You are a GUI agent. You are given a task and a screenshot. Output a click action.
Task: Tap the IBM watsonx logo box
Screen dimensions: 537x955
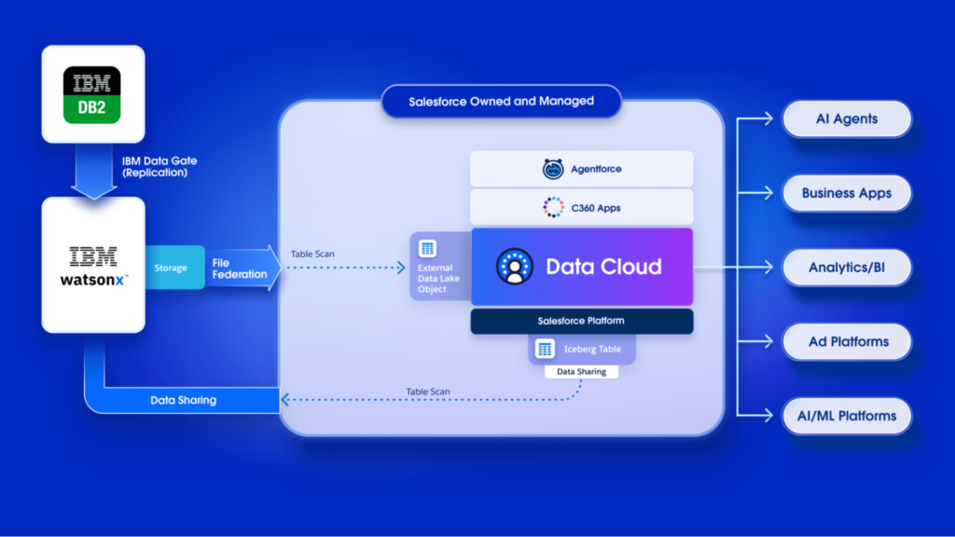click(x=93, y=265)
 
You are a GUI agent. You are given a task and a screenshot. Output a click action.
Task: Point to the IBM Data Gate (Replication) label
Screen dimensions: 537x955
click(x=159, y=167)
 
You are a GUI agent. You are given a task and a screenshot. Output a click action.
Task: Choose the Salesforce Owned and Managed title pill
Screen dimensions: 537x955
click(x=501, y=101)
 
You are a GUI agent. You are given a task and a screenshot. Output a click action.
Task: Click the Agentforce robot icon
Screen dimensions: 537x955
click(x=553, y=169)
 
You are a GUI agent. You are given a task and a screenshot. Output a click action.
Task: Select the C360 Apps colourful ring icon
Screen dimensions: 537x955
click(x=553, y=207)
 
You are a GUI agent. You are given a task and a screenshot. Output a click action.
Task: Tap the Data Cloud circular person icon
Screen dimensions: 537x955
click(x=513, y=267)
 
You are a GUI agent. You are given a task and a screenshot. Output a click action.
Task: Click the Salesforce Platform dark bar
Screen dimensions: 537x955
click(x=581, y=321)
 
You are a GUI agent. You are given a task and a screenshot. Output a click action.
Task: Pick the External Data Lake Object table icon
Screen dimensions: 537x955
click(x=427, y=248)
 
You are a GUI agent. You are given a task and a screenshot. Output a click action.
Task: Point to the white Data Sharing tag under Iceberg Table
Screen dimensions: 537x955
click(x=581, y=371)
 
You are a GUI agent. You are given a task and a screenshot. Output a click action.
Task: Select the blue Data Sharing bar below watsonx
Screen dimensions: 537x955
click(x=184, y=400)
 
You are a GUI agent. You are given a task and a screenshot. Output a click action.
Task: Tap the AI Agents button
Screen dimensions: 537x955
click(x=846, y=118)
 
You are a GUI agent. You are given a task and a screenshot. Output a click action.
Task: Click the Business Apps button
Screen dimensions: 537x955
click(x=846, y=193)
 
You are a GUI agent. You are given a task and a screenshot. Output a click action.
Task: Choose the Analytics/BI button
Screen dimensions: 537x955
click(x=846, y=268)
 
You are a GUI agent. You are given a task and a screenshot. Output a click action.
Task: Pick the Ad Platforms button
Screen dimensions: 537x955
click(x=846, y=342)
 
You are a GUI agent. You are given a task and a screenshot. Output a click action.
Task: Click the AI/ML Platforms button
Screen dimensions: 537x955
click(x=846, y=416)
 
